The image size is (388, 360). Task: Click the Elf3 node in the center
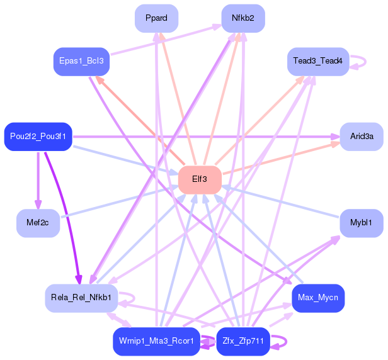[200, 180]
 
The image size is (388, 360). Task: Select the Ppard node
[156, 18]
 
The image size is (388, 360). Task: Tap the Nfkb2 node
[243, 18]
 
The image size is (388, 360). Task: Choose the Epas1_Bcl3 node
[81, 62]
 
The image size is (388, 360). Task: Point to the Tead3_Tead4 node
[317, 62]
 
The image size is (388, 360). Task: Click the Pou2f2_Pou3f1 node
[38, 137]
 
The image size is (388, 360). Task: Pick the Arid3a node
[362, 137]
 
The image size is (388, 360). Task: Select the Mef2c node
[38, 223]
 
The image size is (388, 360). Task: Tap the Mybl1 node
[362, 223]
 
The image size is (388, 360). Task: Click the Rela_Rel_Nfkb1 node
[81, 297]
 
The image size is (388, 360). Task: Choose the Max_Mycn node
[317, 297]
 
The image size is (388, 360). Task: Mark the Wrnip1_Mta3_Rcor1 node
[156, 342]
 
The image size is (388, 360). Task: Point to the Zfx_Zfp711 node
[243, 342]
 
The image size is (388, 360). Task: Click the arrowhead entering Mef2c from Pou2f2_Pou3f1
[38, 205]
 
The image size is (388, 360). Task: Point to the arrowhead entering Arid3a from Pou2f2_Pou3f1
[335, 136]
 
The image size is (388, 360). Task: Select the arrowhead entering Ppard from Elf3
[162, 36]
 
